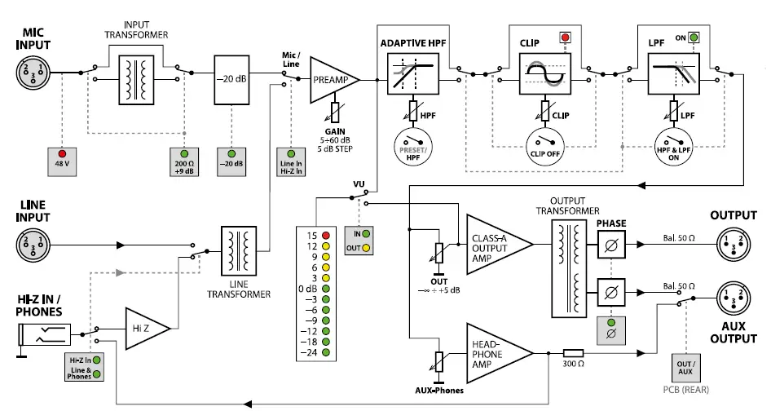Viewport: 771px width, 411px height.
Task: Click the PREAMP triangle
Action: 330,80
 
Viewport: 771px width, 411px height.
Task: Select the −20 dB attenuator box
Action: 231,81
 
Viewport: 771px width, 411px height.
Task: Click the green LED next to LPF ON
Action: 694,38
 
